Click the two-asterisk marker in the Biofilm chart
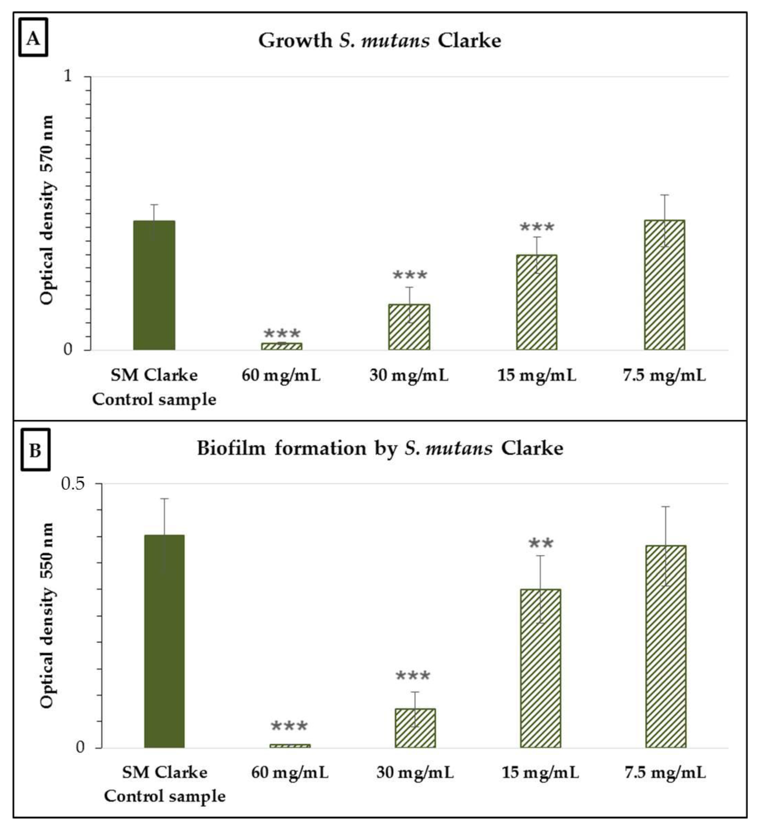540,544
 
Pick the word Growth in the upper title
295,40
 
